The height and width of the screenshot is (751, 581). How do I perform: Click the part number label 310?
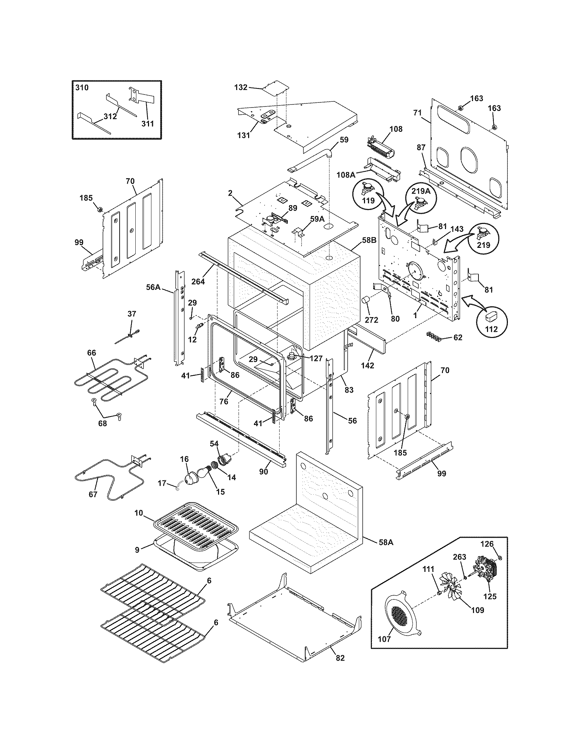(82, 87)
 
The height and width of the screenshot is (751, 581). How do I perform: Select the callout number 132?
(241, 87)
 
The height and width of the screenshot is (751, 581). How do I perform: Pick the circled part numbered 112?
(491, 320)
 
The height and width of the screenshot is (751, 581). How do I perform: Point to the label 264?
(198, 281)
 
